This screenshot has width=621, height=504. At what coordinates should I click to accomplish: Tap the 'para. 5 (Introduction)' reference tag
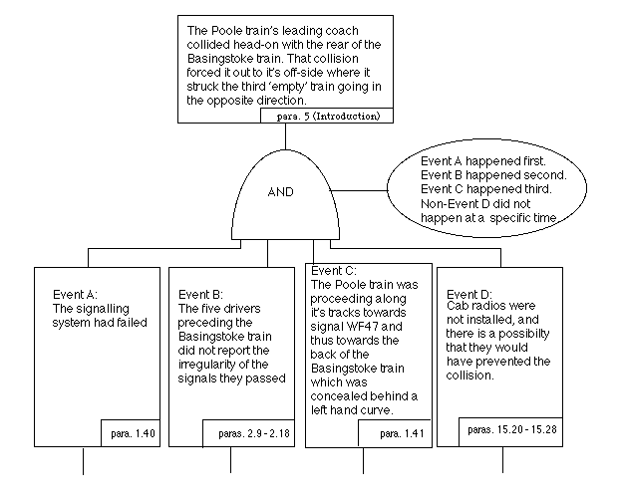pos(324,116)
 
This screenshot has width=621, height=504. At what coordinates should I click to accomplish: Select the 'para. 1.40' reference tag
pos(130,433)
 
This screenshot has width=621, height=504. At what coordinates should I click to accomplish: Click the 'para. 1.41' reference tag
pos(395,434)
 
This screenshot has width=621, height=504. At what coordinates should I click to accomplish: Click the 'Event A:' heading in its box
pos(75,295)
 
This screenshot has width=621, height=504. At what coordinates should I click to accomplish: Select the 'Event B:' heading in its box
pos(202,295)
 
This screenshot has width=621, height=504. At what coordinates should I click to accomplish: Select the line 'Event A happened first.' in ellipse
pos(482,160)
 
